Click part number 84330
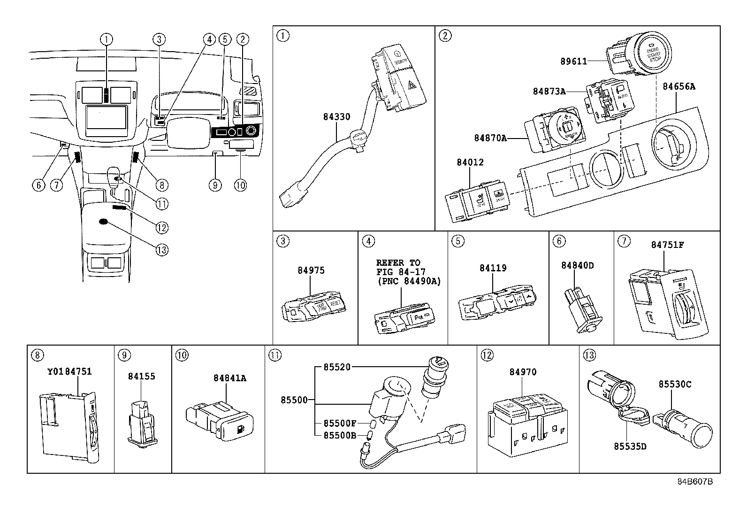(336, 116)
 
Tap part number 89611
(574, 61)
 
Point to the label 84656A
(679, 86)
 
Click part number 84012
(470, 162)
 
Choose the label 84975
(311, 270)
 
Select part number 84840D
(577, 265)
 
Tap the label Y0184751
(69, 371)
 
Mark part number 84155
(142, 376)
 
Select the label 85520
(336, 367)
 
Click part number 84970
(523, 372)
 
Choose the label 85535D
(630, 446)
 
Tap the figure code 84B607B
(695, 482)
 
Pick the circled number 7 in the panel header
(624, 241)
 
